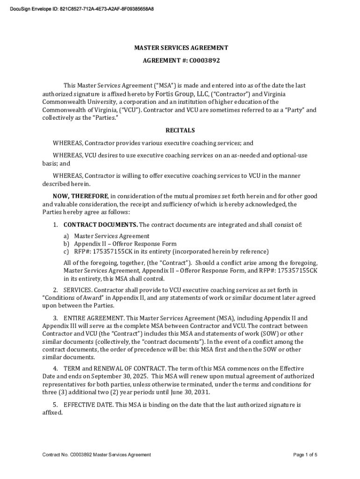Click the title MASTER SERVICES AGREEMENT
coord(181,48)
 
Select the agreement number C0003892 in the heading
coord(204,60)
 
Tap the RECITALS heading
coord(180,131)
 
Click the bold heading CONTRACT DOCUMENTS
coord(101,225)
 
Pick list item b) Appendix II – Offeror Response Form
coord(125,244)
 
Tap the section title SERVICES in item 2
coord(77,290)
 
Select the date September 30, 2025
coord(120,376)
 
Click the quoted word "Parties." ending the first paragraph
coord(107,118)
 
